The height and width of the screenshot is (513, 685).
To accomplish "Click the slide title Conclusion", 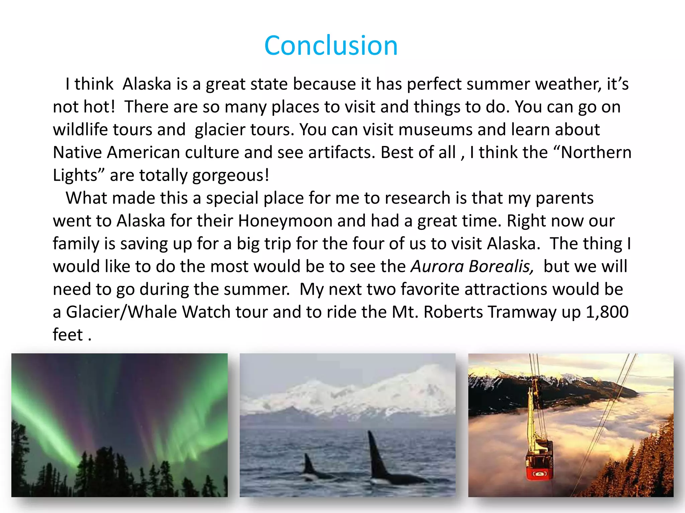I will [x=331, y=45].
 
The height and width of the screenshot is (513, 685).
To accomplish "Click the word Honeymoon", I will [x=285, y=221].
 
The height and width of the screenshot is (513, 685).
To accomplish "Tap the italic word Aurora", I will [x=437, y=267].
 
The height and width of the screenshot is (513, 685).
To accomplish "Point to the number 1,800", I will [x=607, y=312].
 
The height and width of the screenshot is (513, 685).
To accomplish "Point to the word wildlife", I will [x=80, y=130].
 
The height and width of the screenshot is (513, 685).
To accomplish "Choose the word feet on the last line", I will [x=68, y=335].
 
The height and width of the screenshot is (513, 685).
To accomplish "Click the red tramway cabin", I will [x=539, y=464].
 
